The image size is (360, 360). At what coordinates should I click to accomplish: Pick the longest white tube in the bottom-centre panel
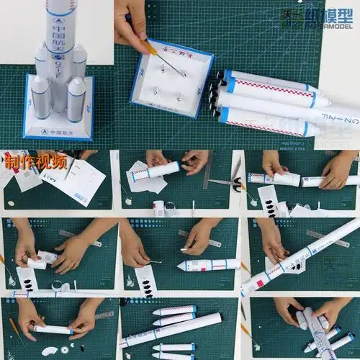(x=173, y=330)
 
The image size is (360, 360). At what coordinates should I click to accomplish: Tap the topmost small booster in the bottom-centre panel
(x=174, y=310)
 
